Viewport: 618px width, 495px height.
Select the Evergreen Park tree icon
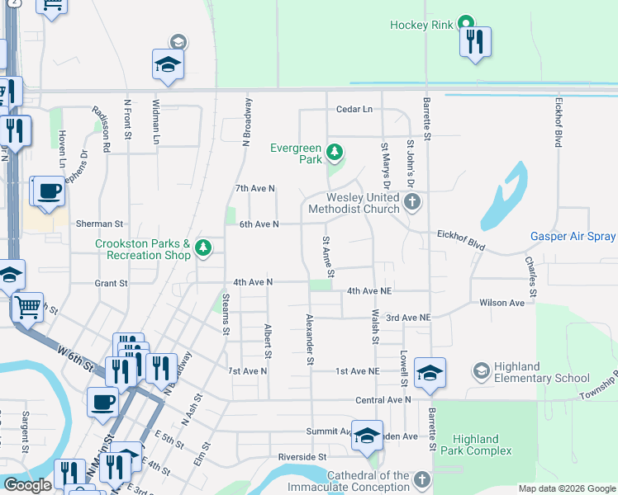click(x=334, y=152)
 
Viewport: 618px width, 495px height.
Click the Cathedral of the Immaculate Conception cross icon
click(x=421, y=480)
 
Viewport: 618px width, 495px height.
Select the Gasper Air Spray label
click(x=573, y=237)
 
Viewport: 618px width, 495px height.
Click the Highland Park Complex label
click(x=483, y=445)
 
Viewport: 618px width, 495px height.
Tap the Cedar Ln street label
click(x=354, y=110)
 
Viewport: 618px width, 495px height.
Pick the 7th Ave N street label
click(x=254, y=189)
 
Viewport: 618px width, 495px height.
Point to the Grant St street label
click(x=111, y=283)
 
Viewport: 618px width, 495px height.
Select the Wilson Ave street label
click(x=502, y=303)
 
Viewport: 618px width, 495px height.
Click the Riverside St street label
click(x=303, y=457)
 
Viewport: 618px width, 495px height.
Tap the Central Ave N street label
click(x=383, y=400)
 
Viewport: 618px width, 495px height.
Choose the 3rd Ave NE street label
click(x=409, y=318)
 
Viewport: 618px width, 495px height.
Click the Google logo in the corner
click(x=27, y=485)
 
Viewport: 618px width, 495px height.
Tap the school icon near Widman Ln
click(x=168, y=66)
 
